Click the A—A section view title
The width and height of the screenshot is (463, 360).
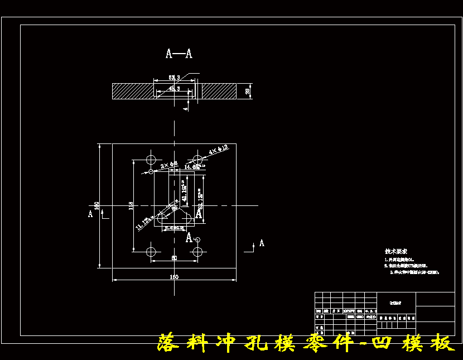click(x=179, y=54)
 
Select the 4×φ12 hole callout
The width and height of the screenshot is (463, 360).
click(x=218, y=150)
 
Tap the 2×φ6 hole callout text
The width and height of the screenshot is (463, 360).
click(x=169, y=165)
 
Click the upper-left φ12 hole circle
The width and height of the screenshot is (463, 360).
click(x=151, y=158)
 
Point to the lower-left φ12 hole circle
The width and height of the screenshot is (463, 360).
click(x=151, y=252)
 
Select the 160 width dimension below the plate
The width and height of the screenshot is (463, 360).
click(x=174, y=277)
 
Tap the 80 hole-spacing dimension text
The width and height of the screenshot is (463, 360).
click(x=174, y=258)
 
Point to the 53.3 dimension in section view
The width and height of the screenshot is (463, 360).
click(x=175, y=78)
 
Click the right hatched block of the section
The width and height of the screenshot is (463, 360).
click(x=219, y=91)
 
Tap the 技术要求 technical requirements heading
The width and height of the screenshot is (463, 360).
click(x=396, y=252)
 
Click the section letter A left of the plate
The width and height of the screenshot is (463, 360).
click(x=90, y=213)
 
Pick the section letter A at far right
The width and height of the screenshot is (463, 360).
click(x=262, y=243)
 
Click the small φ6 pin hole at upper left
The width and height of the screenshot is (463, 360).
click(x=151, y=172)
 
